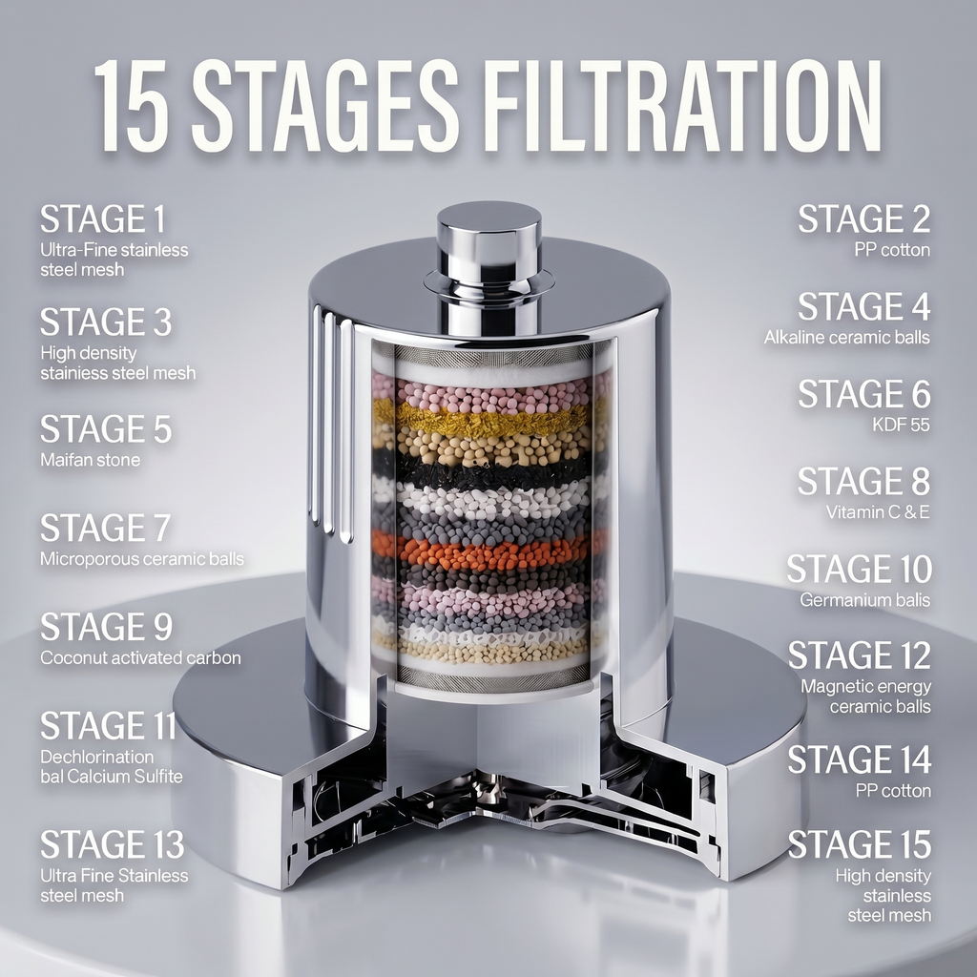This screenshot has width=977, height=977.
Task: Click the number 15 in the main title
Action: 131,105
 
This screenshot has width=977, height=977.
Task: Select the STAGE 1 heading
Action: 103,218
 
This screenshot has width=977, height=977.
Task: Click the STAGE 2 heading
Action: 864,218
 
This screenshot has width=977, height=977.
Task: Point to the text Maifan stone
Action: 91,460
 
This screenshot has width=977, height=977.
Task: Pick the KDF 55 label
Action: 901,425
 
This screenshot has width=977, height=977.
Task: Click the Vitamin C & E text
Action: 878,512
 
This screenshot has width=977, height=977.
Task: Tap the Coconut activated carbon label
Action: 141,658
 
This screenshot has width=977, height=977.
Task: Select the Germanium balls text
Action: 864,600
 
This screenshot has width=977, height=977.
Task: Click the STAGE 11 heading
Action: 109,726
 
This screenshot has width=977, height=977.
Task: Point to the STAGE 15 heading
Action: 860,844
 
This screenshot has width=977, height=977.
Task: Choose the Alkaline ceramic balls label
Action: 847,338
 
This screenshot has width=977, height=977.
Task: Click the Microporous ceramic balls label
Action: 142,559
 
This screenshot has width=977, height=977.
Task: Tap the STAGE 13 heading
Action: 113,844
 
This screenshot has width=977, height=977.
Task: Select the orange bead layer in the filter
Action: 492,551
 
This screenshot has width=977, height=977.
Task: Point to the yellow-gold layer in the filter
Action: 492,420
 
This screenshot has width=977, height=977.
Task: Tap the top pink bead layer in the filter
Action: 492,397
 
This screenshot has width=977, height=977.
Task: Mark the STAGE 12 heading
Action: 860,655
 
